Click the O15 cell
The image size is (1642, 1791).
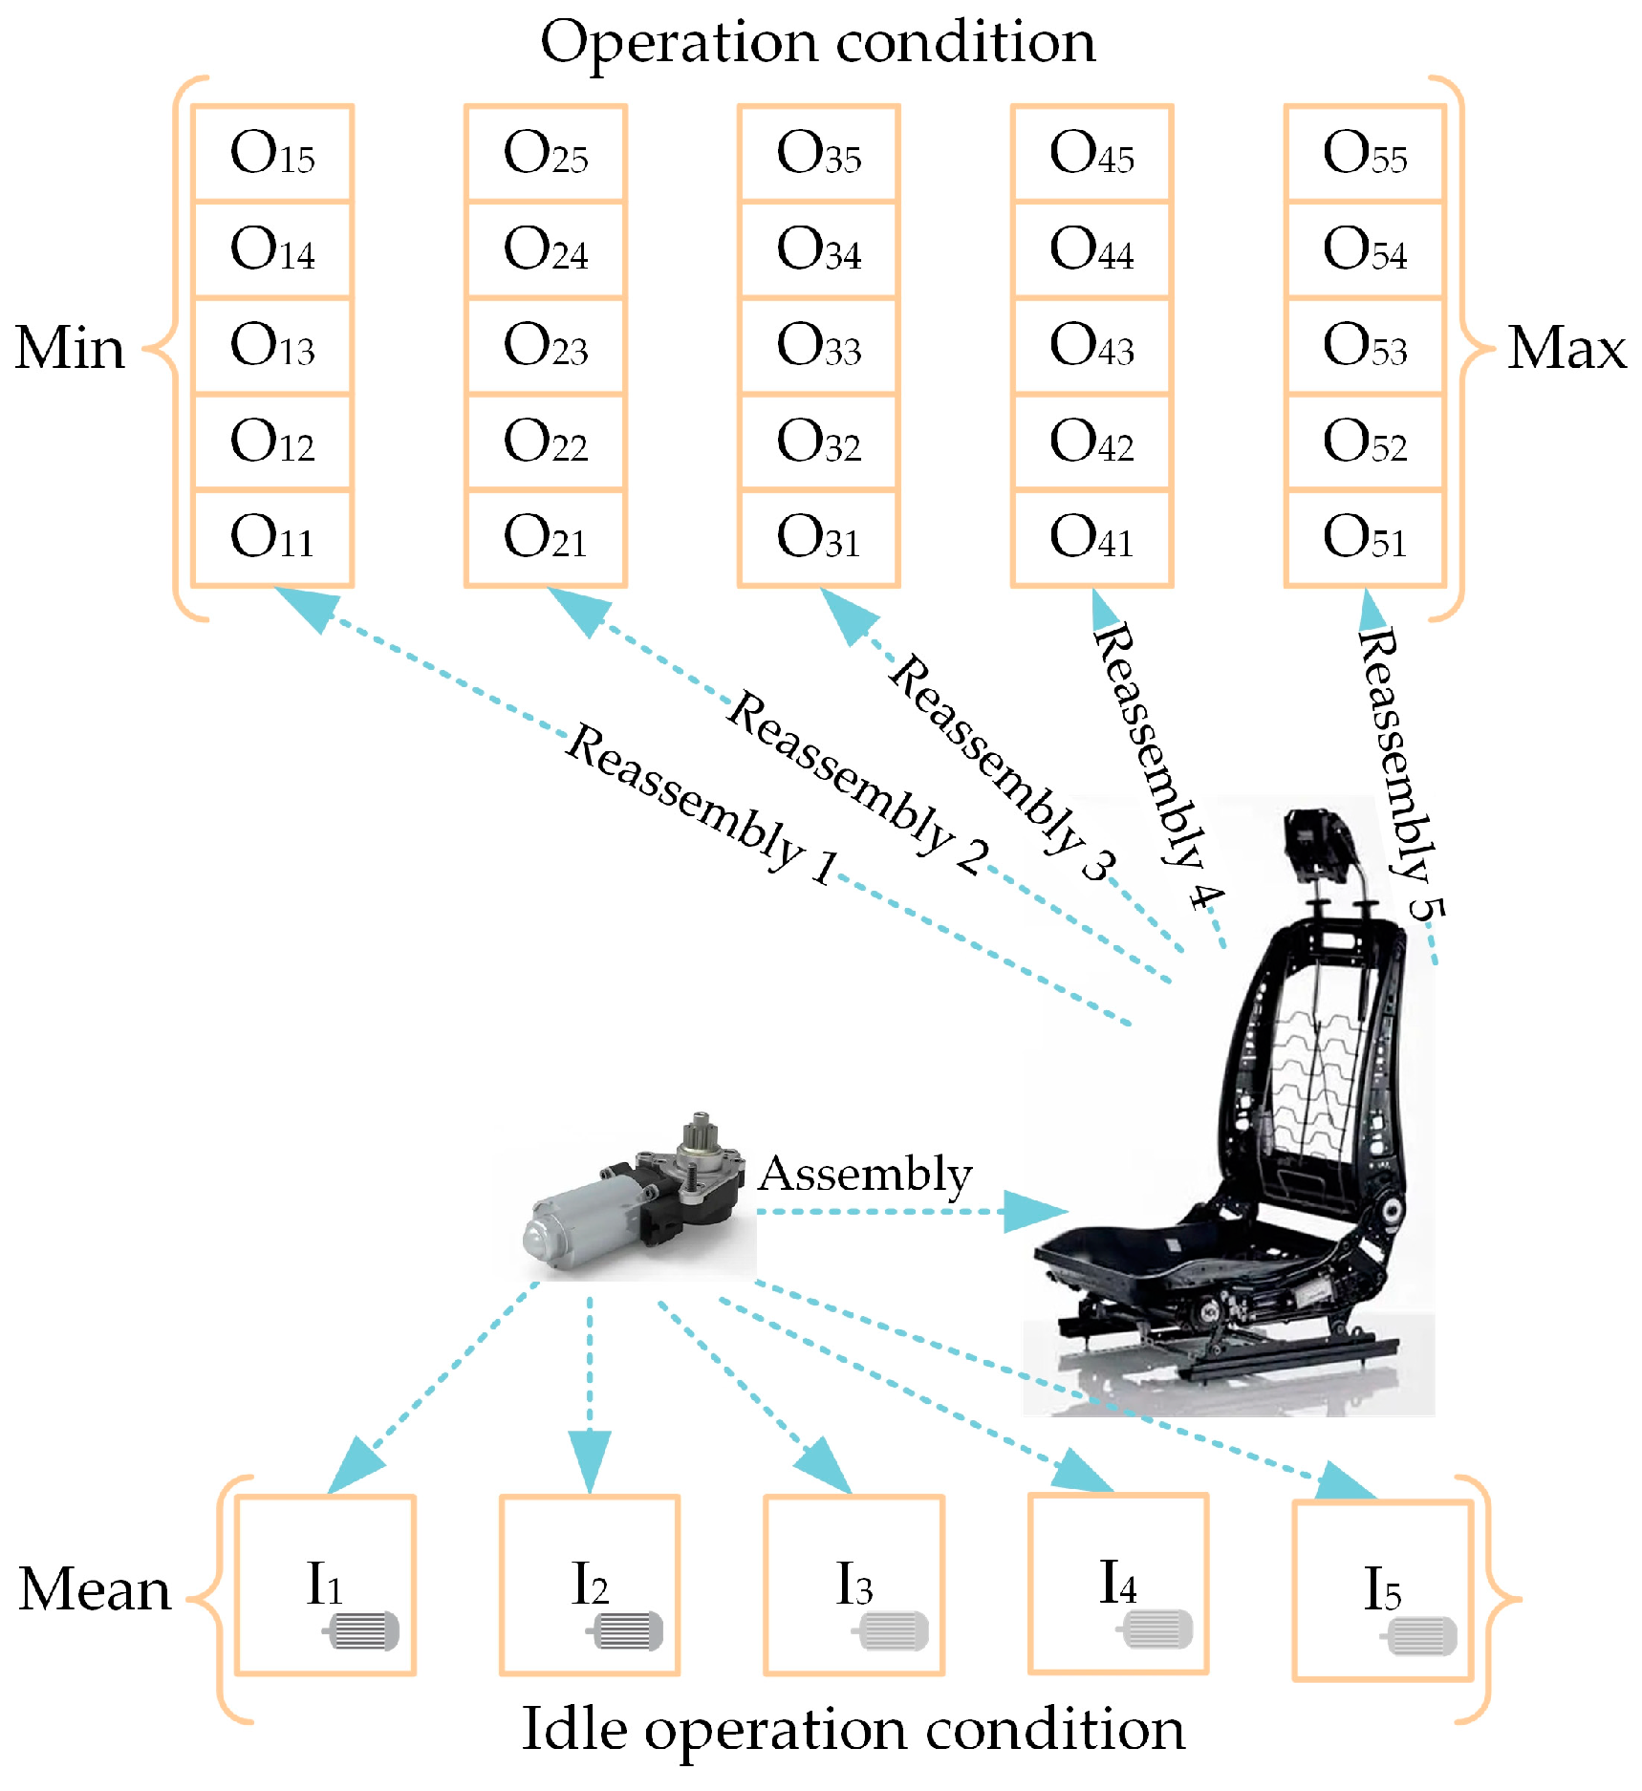point(272,153)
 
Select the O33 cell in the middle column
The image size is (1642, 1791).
point(819,345)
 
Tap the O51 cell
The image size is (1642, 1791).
point(1365,537)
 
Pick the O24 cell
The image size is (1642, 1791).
point(546,249)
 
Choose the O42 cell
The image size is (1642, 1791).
point(1091,442)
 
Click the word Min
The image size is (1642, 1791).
point(70,347)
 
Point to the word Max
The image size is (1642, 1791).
point(1566,347)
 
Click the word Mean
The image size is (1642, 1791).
point(95,1589)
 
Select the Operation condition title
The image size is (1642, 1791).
point(818,42)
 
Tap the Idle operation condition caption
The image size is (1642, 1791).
point(853,1730)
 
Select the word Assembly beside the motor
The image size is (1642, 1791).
point(865,1174)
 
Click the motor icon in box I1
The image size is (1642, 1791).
point(362,1630)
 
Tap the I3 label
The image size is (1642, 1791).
point(853,1585)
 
